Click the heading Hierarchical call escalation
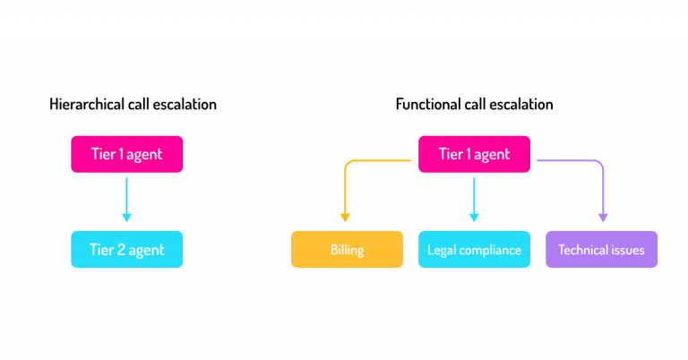(133, 105)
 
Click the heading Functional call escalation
(474, 105)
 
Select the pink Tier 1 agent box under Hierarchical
(126, 154)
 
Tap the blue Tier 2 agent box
(126, 249)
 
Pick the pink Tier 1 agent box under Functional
(474, 154)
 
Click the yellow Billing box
(347, 250)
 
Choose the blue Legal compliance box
(474, 250)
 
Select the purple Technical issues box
(601, 250)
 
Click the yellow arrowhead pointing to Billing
(345, 217)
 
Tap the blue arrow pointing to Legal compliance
(474, 201)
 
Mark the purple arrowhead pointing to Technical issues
(602, 217)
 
